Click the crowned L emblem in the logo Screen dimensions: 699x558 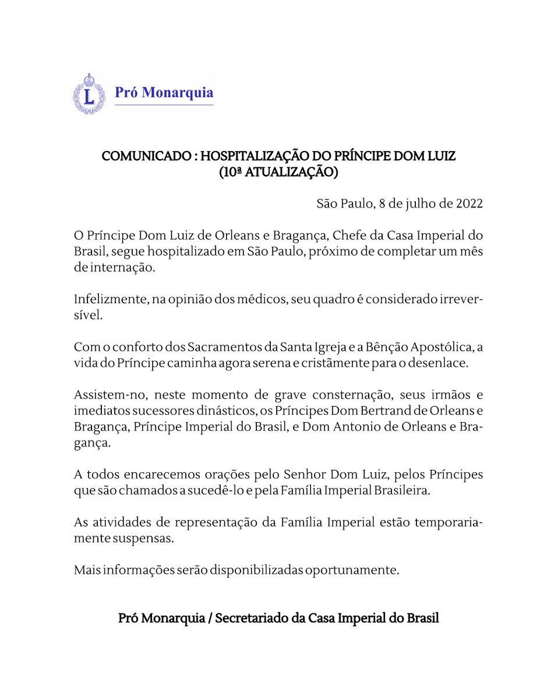(x=89, y=93)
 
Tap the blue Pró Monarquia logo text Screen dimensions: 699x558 (x=164, y=92)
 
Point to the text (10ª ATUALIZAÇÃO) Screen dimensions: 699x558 (x=278, y=173)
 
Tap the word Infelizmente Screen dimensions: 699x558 (x=110, y=300)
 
